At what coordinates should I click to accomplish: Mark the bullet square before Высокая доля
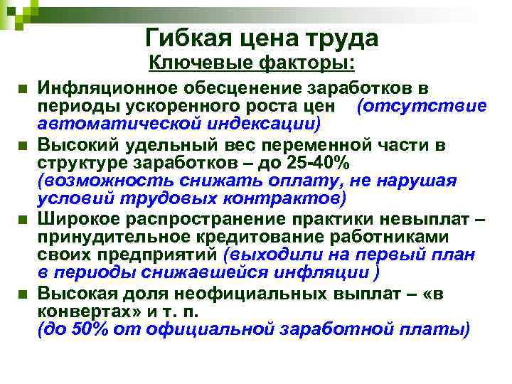[x=23, y=293]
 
